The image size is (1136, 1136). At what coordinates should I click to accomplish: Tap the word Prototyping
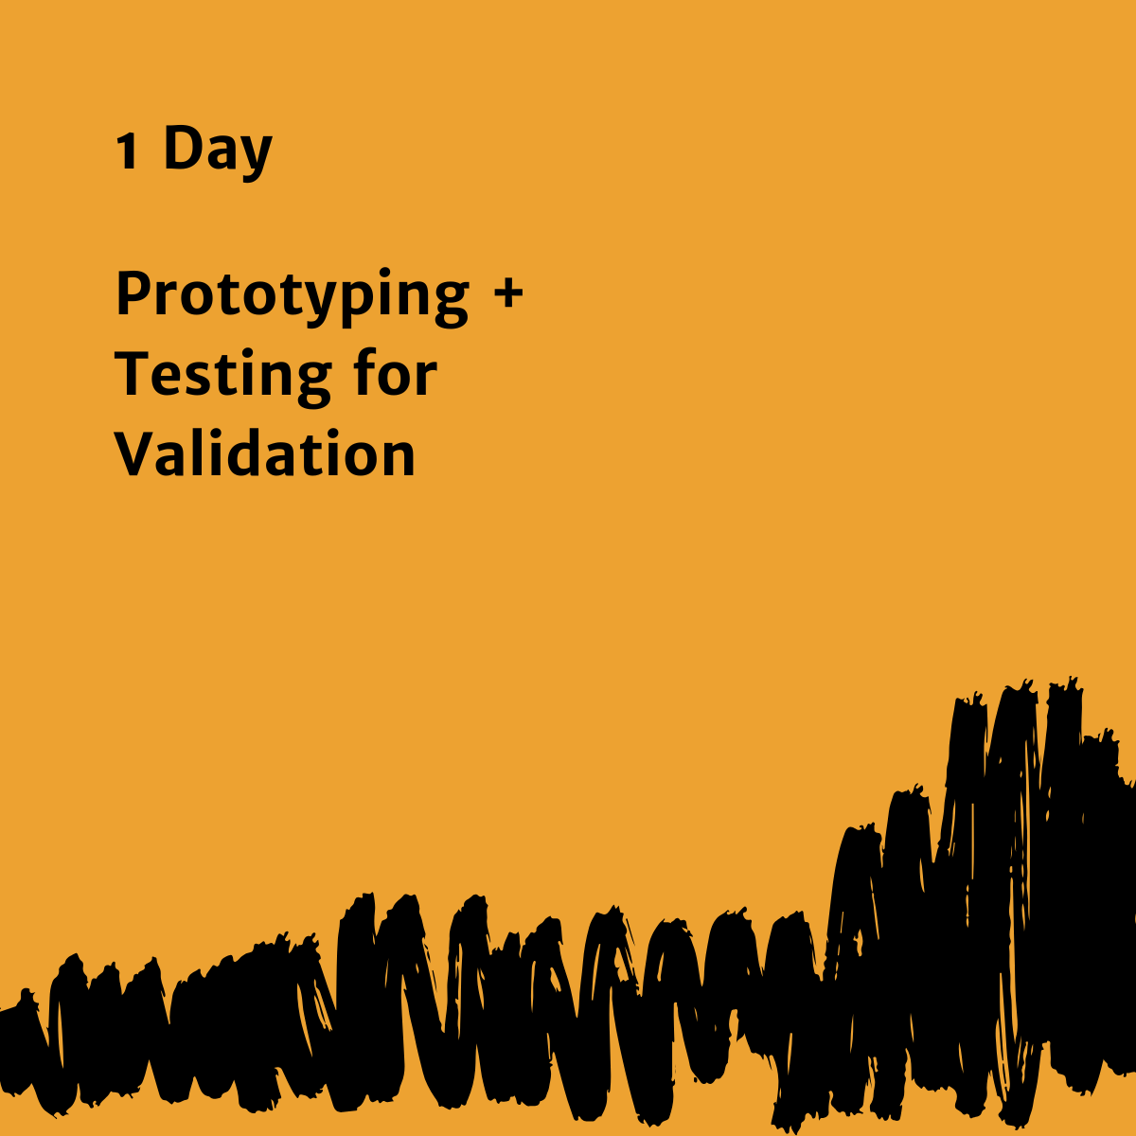(x=292, y=295)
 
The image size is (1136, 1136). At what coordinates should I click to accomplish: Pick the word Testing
(x=222, y=376)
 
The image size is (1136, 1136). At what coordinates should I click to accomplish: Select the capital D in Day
(x=181, y=149)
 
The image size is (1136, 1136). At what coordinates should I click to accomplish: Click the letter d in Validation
(x=252, y=452)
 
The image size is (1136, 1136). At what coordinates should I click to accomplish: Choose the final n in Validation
(x=398, y=457)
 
